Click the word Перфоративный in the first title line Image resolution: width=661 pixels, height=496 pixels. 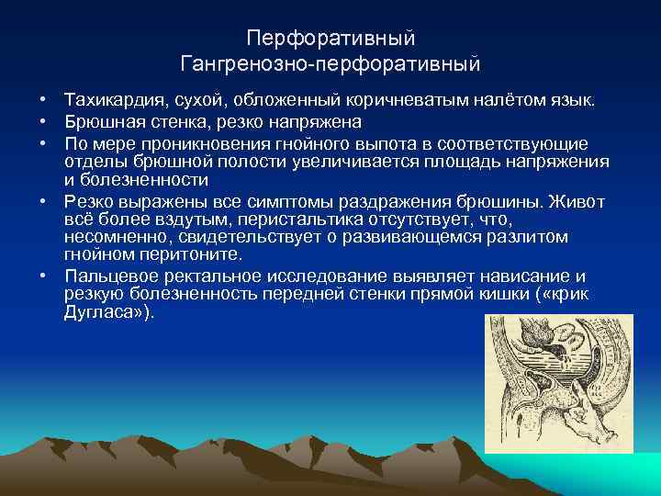coord(330,39)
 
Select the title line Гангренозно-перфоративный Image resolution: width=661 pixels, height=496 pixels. coord(330,64)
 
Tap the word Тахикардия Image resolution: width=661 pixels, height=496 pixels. coord(107,98)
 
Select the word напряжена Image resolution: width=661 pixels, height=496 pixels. coord(319,121)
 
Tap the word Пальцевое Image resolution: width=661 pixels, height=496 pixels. coord(106,276)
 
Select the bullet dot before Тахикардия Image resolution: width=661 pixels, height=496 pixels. coord(42,98)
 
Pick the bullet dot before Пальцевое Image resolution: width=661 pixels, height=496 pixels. coord(42,276)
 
